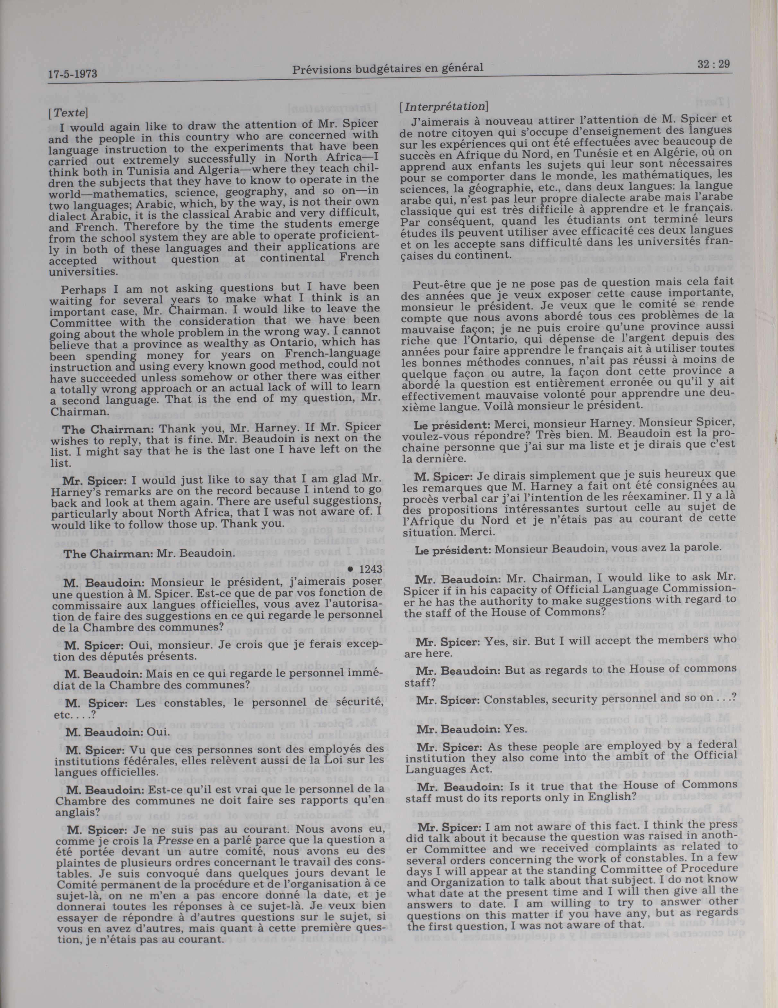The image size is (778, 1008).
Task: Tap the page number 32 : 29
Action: [x=713, y=65]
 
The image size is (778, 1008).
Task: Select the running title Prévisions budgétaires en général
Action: [x=388, y=69]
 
